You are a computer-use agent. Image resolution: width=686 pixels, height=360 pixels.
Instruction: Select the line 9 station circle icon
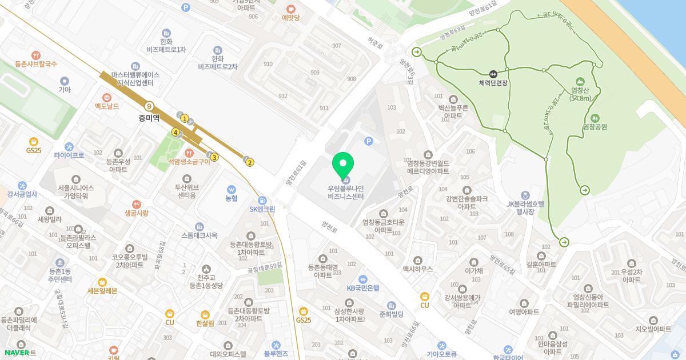(x=149, y=106)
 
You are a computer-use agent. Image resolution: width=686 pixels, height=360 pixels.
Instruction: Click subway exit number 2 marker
(x=250, y=163)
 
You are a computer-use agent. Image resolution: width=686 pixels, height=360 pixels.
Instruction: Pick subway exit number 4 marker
(x=176, y=133)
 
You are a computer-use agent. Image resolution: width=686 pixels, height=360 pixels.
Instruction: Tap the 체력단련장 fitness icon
(x=493, y=73)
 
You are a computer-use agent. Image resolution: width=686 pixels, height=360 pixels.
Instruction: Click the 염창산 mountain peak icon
(x=580, y=81)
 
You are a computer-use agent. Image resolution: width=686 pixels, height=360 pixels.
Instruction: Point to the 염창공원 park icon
(x=595, y=118)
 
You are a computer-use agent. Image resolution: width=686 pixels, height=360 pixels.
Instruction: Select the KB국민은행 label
(x=362, y=287)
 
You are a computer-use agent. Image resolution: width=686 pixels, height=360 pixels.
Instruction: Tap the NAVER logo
(x=17, y=353)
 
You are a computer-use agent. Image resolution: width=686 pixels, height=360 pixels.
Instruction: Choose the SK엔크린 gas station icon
(x=262, y=200)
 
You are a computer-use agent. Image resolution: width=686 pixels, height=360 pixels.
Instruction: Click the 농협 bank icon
(x=231, y=189)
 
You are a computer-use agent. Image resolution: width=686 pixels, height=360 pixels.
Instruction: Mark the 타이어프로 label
(x=69, y=155)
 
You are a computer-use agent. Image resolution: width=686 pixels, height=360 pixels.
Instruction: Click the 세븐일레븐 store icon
(x=102, y=282)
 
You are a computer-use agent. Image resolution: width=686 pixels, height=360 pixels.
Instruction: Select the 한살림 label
(x=205, y=323)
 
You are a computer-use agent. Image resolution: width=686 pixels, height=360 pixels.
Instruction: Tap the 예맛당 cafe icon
(x=290, y=9)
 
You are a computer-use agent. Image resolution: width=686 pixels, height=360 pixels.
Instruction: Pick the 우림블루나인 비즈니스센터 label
(x=345, y=191)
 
